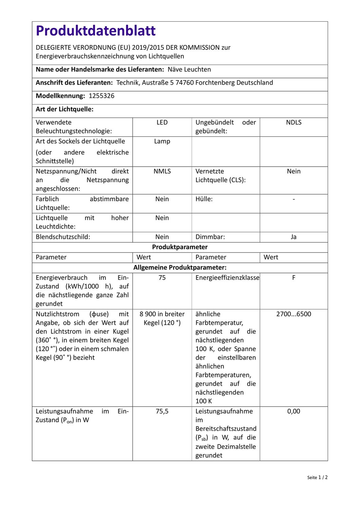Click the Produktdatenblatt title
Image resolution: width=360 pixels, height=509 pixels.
point(96,31)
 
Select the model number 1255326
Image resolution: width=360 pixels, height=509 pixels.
point(101,96)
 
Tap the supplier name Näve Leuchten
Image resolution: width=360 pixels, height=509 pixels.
point(189,70)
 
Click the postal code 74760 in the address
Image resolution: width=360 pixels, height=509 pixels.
point(185,83)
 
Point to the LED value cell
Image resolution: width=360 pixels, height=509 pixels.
point(162,122)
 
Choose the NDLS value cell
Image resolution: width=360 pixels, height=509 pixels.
point(293,122)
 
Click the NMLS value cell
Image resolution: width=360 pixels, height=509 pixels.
point(162,171)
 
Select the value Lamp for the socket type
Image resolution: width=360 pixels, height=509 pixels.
point(162,142)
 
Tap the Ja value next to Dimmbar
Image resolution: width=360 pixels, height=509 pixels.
point(293,237)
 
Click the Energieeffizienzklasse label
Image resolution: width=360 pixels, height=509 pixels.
point(227,278)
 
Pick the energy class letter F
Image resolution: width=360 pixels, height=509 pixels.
point(293,278)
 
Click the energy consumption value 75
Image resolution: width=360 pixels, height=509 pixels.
point(162,278)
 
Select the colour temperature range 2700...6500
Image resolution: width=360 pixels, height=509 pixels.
point(293,314)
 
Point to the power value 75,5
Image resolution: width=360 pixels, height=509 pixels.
point(162,411)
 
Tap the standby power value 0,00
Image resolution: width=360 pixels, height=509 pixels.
point(293,411)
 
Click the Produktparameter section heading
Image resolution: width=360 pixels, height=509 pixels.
point(180,247)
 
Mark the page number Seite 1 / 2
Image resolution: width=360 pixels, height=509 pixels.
point(317,477)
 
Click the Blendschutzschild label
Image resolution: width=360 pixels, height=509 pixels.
point(63,237)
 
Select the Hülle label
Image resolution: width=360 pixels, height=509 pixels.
point(204,199)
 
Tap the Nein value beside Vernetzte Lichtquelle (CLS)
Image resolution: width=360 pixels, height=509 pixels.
point(293,171)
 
